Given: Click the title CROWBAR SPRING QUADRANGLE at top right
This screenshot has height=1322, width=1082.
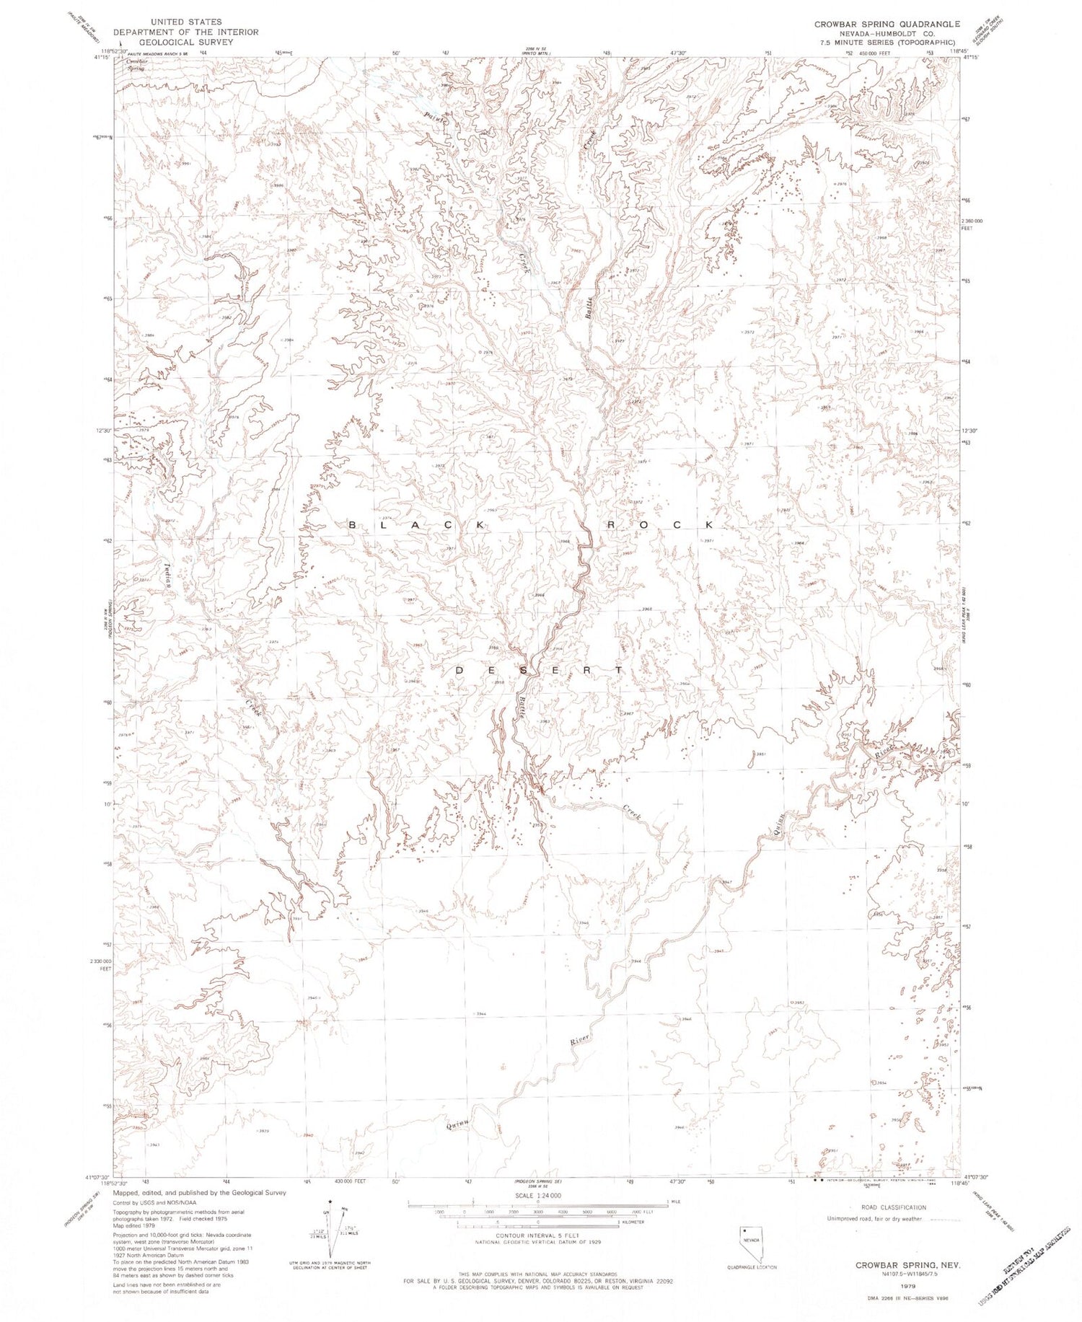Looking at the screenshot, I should pos(887,24).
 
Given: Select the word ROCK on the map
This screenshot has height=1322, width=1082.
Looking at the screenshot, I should pos(659,525).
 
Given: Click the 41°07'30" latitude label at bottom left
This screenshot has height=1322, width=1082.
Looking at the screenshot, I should pos(97,1176).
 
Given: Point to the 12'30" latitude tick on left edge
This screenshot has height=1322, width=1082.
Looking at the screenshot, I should pos(101,431).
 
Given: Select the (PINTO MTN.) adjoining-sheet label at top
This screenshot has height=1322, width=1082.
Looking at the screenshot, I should pos(535,53).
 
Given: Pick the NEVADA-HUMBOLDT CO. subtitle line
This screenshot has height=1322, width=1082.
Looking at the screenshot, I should pos(887,33).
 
